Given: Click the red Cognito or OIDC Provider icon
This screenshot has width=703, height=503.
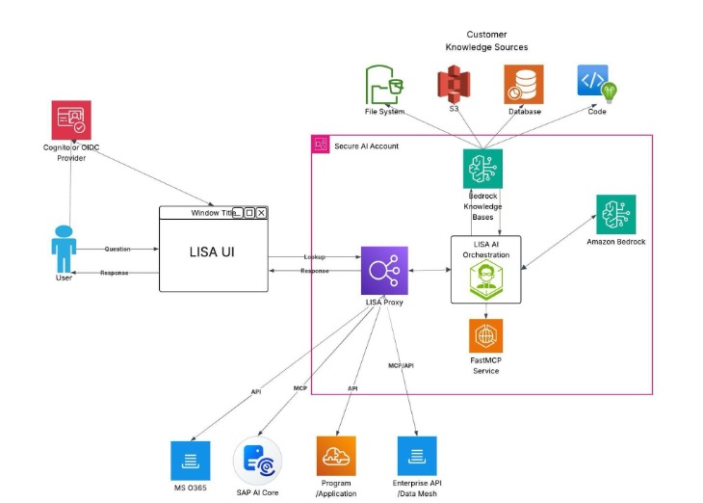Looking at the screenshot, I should (x=71, y=120).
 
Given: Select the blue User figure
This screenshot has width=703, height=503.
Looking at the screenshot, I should (x=64, y=248).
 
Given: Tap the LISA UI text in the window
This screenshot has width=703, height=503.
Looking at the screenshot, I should (x=213, y=251).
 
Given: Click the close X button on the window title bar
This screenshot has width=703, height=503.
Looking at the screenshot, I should (x=261, y=213).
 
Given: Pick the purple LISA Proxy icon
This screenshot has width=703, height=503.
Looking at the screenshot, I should (x=384, y=271).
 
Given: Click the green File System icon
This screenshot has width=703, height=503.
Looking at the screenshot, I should (x=385, y=85).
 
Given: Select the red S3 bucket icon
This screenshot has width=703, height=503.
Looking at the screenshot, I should (x=453, y=85).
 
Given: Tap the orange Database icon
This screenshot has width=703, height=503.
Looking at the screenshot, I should (x=524, y=85).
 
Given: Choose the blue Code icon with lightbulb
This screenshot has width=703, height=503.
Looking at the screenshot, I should (x=596, y=84).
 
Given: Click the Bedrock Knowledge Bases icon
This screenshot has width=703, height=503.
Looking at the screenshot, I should (x=482, y=169).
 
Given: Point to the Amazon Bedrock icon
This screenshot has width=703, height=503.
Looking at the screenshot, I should (x=615, y=214).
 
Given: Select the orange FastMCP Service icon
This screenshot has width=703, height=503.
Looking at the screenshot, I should (x=486, y=335).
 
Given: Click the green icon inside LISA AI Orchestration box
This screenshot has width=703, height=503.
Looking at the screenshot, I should (x=486, y=279).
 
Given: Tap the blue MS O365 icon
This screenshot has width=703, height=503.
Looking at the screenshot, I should (x=190, y=461).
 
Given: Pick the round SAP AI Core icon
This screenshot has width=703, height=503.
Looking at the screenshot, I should (x=258, y=462).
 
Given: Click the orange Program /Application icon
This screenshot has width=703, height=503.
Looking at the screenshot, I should (x=336, y=456).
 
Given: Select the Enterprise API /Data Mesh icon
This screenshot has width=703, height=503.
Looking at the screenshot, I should (x=416, y=456).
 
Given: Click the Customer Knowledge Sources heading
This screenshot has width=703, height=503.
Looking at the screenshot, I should (x=486, y=40).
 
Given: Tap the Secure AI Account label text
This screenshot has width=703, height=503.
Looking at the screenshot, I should (x=366, y=146).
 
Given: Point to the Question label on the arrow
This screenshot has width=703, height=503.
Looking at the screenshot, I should (x=117, y=249).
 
